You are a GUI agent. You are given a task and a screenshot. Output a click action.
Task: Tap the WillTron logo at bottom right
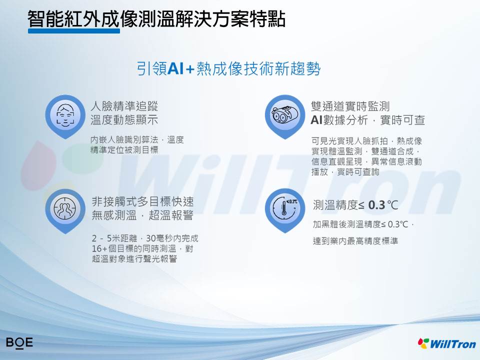point(447,343)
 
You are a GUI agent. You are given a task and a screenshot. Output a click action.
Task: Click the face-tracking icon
point(65,115)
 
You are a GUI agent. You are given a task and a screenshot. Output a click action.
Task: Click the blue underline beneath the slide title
point(74,31)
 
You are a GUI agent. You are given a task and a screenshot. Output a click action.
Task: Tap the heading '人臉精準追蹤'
point(124,106)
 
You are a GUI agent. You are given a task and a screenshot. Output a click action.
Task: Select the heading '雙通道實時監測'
point(350,106)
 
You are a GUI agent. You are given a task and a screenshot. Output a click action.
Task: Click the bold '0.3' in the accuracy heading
point(376,205)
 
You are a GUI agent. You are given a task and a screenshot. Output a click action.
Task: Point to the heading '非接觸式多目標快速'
point(142,201)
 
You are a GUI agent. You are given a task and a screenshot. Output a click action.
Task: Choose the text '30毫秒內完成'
point(172,238)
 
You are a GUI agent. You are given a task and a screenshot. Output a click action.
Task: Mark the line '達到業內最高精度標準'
point(355,241)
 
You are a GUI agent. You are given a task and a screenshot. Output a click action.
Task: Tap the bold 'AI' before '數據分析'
point(316,120)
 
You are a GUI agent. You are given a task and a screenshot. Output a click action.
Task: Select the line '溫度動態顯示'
point(124,120)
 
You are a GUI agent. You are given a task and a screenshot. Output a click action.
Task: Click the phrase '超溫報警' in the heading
point(171,215)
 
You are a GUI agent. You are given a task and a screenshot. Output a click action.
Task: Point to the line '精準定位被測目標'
point(124,149)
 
